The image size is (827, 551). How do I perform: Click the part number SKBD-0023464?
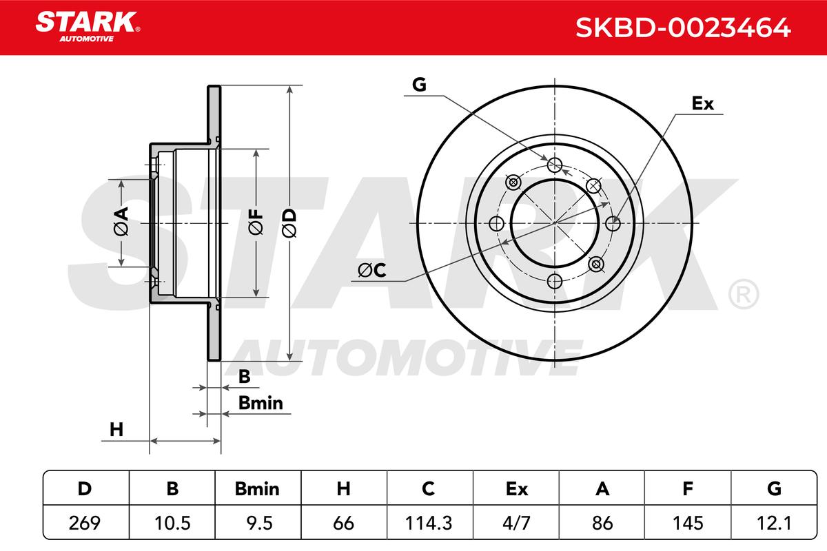(683, 28)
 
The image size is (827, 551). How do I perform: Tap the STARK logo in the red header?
(88, 27)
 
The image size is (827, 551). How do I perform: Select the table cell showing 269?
(85, 523)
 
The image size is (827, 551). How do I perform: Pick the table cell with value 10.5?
(172, 523)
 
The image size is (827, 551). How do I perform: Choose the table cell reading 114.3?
(429, 523)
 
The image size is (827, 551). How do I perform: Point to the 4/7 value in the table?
(516, 523)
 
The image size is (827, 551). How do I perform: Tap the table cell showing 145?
(688, 523)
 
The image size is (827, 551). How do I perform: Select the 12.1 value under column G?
(774, 523)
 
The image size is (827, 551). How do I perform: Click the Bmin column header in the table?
(257, 488)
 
